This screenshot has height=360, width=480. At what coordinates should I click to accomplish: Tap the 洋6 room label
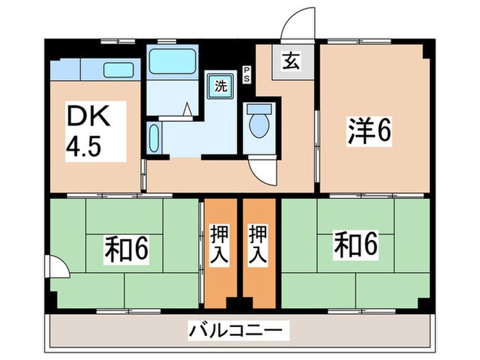pyautogui.click(x=368, y=132)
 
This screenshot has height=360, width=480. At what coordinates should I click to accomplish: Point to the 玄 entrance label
pyautogui.click(x=289, y=62)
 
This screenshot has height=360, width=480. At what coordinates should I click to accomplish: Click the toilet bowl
pyautogui.click(x=260, y=126)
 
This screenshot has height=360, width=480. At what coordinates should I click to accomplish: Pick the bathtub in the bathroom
pyautogui.click(x=171, y=61)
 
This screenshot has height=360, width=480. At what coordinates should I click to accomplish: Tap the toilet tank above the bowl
pyautogui.click(x=260, y=108)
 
